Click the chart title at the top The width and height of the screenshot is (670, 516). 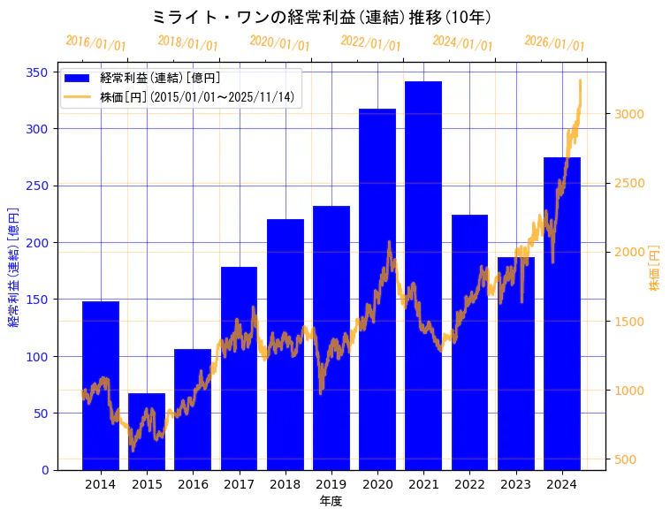point(322,18)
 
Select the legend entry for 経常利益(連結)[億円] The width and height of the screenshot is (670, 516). point(160,79)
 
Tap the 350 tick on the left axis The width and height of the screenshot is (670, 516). point(41,72)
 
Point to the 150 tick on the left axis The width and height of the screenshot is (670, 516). point(41,300)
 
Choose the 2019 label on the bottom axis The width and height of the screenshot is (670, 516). point(331,484)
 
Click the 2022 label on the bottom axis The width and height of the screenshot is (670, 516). point(469,484)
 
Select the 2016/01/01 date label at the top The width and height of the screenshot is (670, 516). point(96,43)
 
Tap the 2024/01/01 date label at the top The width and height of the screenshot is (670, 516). point(462,43)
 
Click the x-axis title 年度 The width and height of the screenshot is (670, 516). point(331,501)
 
